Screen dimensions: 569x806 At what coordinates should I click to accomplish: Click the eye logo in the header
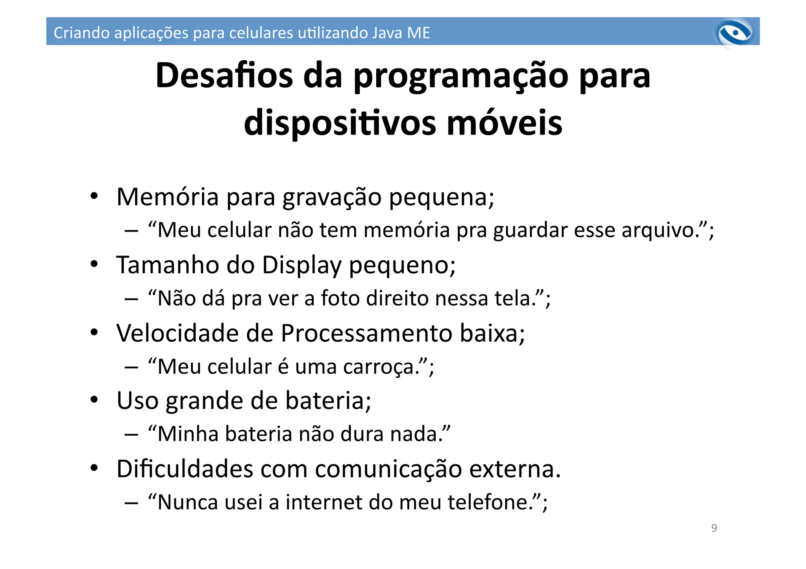(x=735, y=33)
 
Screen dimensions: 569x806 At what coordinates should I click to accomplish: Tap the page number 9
(x=714, y=528)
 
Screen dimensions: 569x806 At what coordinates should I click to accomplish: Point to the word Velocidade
(x=177, y=333)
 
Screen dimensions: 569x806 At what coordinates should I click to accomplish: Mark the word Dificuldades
(x=185, y=469)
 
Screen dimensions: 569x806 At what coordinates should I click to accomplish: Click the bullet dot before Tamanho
(x=94, y=264)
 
